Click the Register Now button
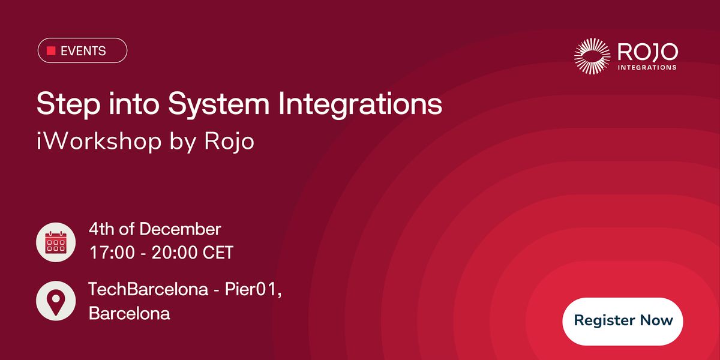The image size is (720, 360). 623,320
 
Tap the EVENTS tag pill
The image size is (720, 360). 82,51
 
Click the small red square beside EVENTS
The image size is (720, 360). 51,51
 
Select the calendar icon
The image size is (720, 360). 55,242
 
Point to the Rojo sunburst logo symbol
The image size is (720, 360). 592,56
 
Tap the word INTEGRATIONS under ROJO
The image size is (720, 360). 647,67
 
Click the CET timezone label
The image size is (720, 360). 218,253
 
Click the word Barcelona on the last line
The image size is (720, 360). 129,313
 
